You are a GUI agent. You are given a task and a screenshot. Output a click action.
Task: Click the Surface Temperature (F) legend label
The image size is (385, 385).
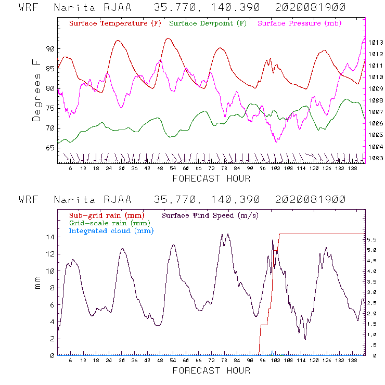point(115,24)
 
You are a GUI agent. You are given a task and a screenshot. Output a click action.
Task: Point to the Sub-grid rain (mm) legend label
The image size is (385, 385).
point(106,215)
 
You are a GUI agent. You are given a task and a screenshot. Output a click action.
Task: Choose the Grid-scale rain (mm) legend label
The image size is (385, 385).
point(108,223)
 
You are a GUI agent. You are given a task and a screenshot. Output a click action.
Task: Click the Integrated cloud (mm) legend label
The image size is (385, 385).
point(111,230)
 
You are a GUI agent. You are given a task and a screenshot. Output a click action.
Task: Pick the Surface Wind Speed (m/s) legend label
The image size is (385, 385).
point(210,215)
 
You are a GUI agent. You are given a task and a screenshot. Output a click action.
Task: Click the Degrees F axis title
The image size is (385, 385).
point(36,90)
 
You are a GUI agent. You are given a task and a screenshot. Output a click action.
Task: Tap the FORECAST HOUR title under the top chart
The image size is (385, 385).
point(211,178)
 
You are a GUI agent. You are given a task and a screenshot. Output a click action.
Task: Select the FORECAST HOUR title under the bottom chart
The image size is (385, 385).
point(211,370)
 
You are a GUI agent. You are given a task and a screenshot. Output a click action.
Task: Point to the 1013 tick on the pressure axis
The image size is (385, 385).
point(376,42)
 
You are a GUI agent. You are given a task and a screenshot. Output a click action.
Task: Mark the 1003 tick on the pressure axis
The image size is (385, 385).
point(376,158)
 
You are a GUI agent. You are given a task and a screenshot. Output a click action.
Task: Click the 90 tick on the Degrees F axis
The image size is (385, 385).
point(50,49)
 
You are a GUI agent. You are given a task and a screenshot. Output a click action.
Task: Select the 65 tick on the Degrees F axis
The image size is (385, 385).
point(50,148)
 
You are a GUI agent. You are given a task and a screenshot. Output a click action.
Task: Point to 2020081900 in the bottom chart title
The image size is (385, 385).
point(310,200)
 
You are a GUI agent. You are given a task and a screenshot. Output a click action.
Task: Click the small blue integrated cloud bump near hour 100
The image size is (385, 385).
point(272,353)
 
